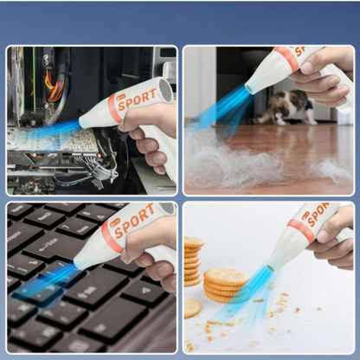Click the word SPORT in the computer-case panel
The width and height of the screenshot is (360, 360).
tap(138, 100)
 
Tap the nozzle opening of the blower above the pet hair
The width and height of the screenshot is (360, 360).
tap(250, 87)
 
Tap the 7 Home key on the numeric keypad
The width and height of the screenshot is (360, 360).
tap(75, 228)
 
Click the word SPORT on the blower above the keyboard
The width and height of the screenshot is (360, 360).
tap(134, 221)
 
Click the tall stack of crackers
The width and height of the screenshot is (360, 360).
tap(193, 261)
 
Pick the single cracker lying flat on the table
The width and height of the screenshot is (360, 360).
tap(191, 308)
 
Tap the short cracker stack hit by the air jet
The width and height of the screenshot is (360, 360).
tap(225, 285)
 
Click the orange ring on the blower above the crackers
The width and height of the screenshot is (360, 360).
tap(301, 231)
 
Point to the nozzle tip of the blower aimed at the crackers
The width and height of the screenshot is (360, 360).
tap(272, 268)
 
